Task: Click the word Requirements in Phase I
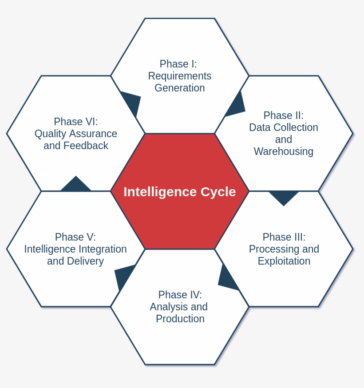(x=179, y=76)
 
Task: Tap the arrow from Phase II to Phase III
(x=284, y=197)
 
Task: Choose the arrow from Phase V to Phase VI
(x=76, y=185)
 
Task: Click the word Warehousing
(x=283, y=151)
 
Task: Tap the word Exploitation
(x=284, y=261)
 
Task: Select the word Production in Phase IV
(x=180, y=319)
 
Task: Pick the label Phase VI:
(x=75, y=122)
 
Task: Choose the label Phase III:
(x=284, y=237)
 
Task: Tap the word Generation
(x=179, y=88)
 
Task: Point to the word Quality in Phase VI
(x=50, y=134)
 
